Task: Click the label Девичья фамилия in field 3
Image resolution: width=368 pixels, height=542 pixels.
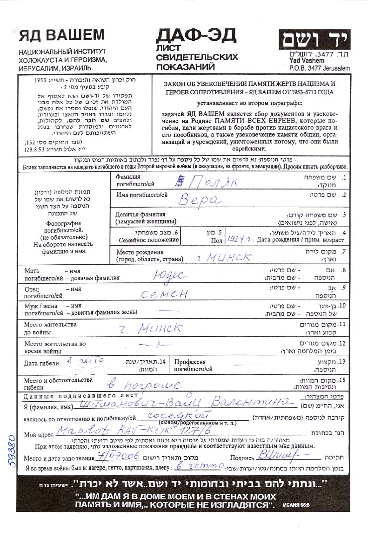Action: tap(140, 215)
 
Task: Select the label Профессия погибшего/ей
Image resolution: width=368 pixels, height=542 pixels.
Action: tap(193, 365)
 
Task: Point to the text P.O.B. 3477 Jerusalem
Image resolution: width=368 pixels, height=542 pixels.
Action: tap(319, 68)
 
